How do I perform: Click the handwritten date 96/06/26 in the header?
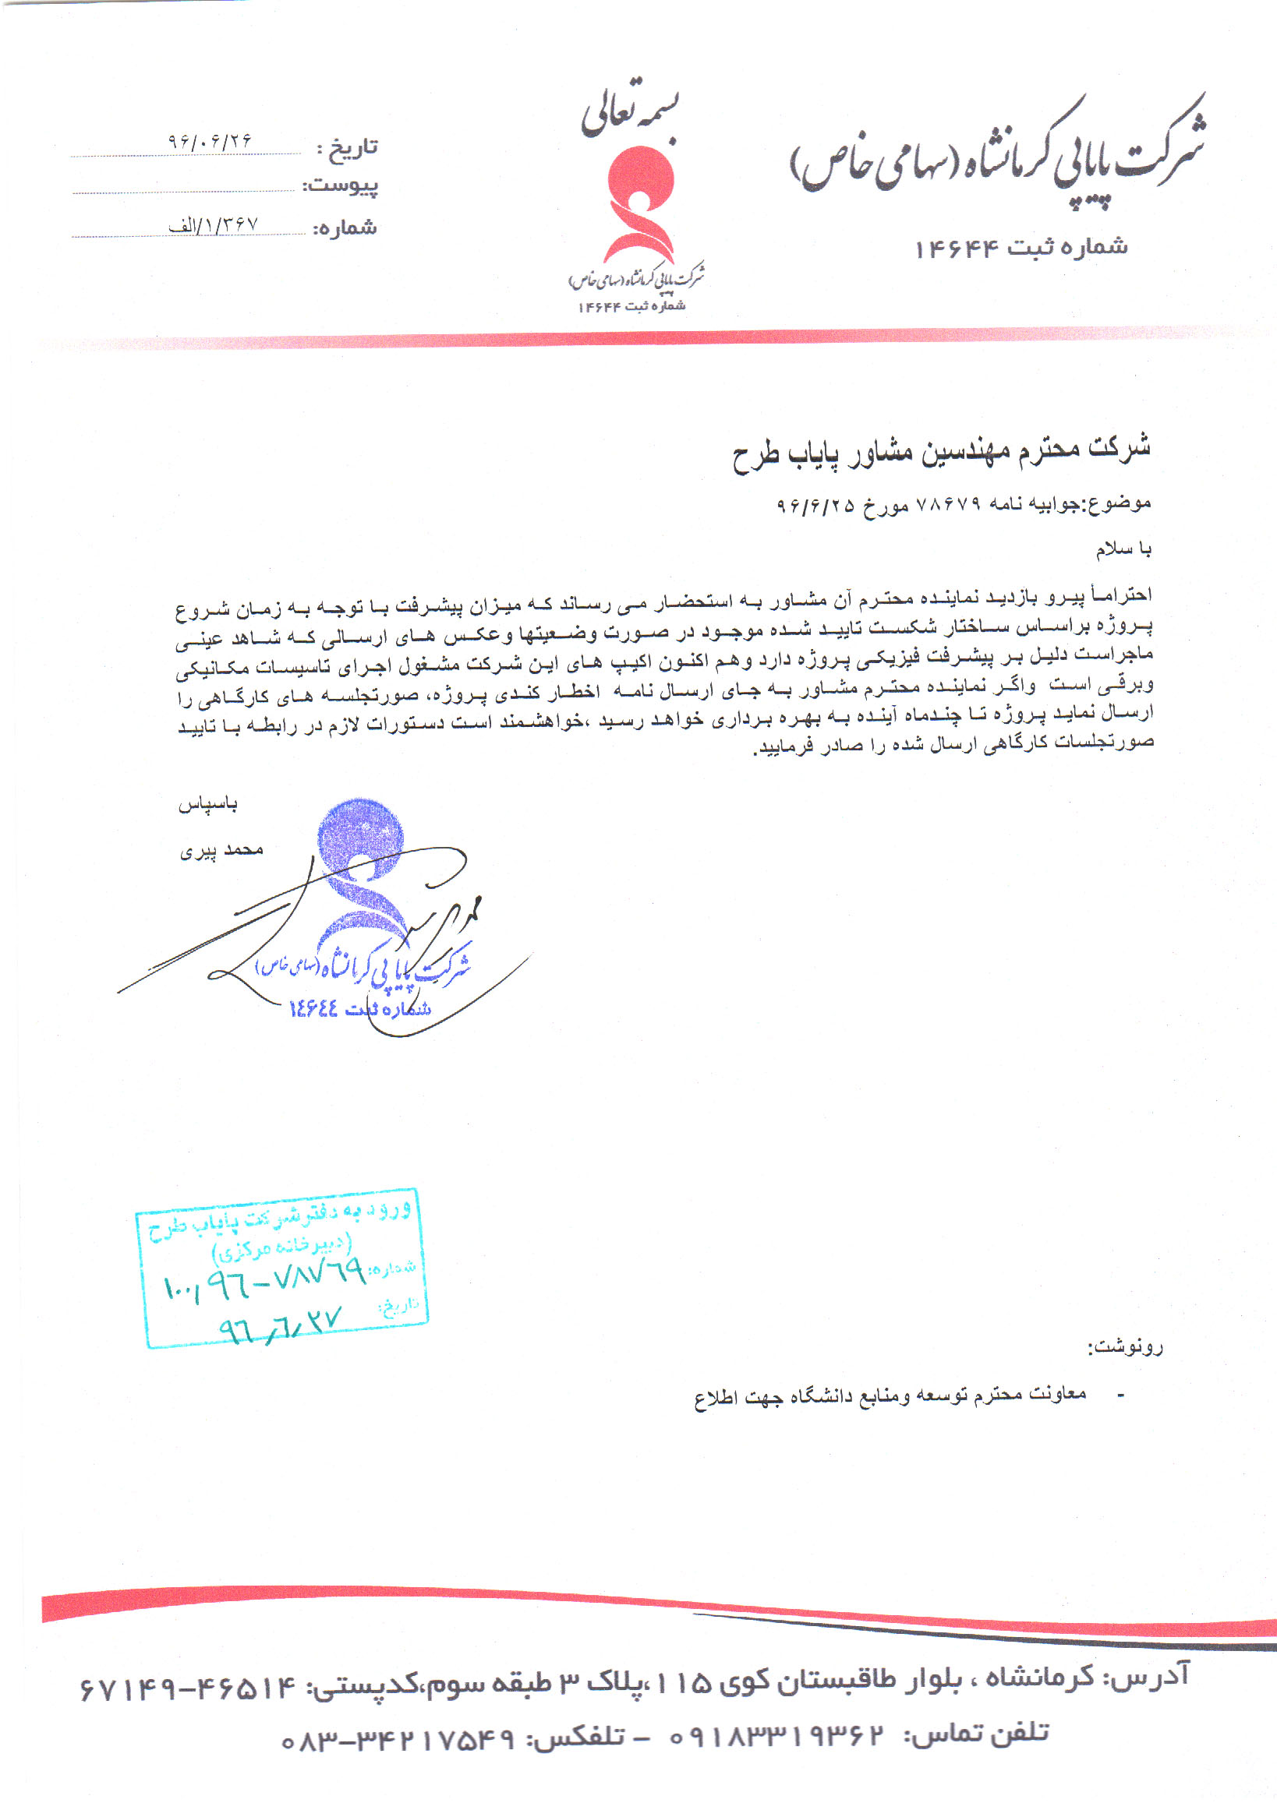[x=209, y=141]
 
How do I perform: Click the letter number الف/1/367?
[x=213, y=225]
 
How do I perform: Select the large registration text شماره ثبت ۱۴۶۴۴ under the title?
[x=1021, y=248]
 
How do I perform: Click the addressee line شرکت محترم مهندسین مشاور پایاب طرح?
[x=941, y=452]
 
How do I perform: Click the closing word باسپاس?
[x=207, y=804]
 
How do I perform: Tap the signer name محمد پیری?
[x=221, y=850]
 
